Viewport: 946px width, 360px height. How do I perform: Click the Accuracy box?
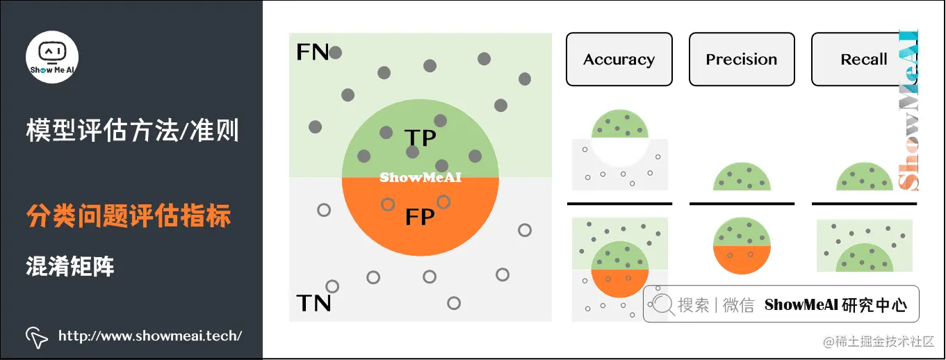619,60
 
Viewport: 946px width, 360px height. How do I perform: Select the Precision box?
742,60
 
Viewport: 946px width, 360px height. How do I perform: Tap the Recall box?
863,60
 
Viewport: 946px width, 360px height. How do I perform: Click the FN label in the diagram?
312,52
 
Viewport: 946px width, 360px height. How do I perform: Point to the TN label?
313,303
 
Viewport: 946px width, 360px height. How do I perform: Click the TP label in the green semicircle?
420,138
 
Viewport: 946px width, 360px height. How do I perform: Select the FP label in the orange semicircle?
420,218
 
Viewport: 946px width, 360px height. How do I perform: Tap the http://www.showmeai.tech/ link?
149,336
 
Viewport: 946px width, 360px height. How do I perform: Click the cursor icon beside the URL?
36,337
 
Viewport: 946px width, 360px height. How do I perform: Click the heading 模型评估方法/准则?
132,130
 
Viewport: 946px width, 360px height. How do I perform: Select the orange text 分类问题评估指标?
129,217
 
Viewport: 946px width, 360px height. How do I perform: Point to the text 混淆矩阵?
70,265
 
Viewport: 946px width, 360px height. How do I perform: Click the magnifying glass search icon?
662,304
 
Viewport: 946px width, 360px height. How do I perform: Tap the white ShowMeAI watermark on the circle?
420,178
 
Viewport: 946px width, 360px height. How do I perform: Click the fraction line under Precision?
741,204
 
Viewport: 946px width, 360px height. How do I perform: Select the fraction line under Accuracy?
619,204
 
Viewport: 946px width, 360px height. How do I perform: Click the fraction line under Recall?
863,204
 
